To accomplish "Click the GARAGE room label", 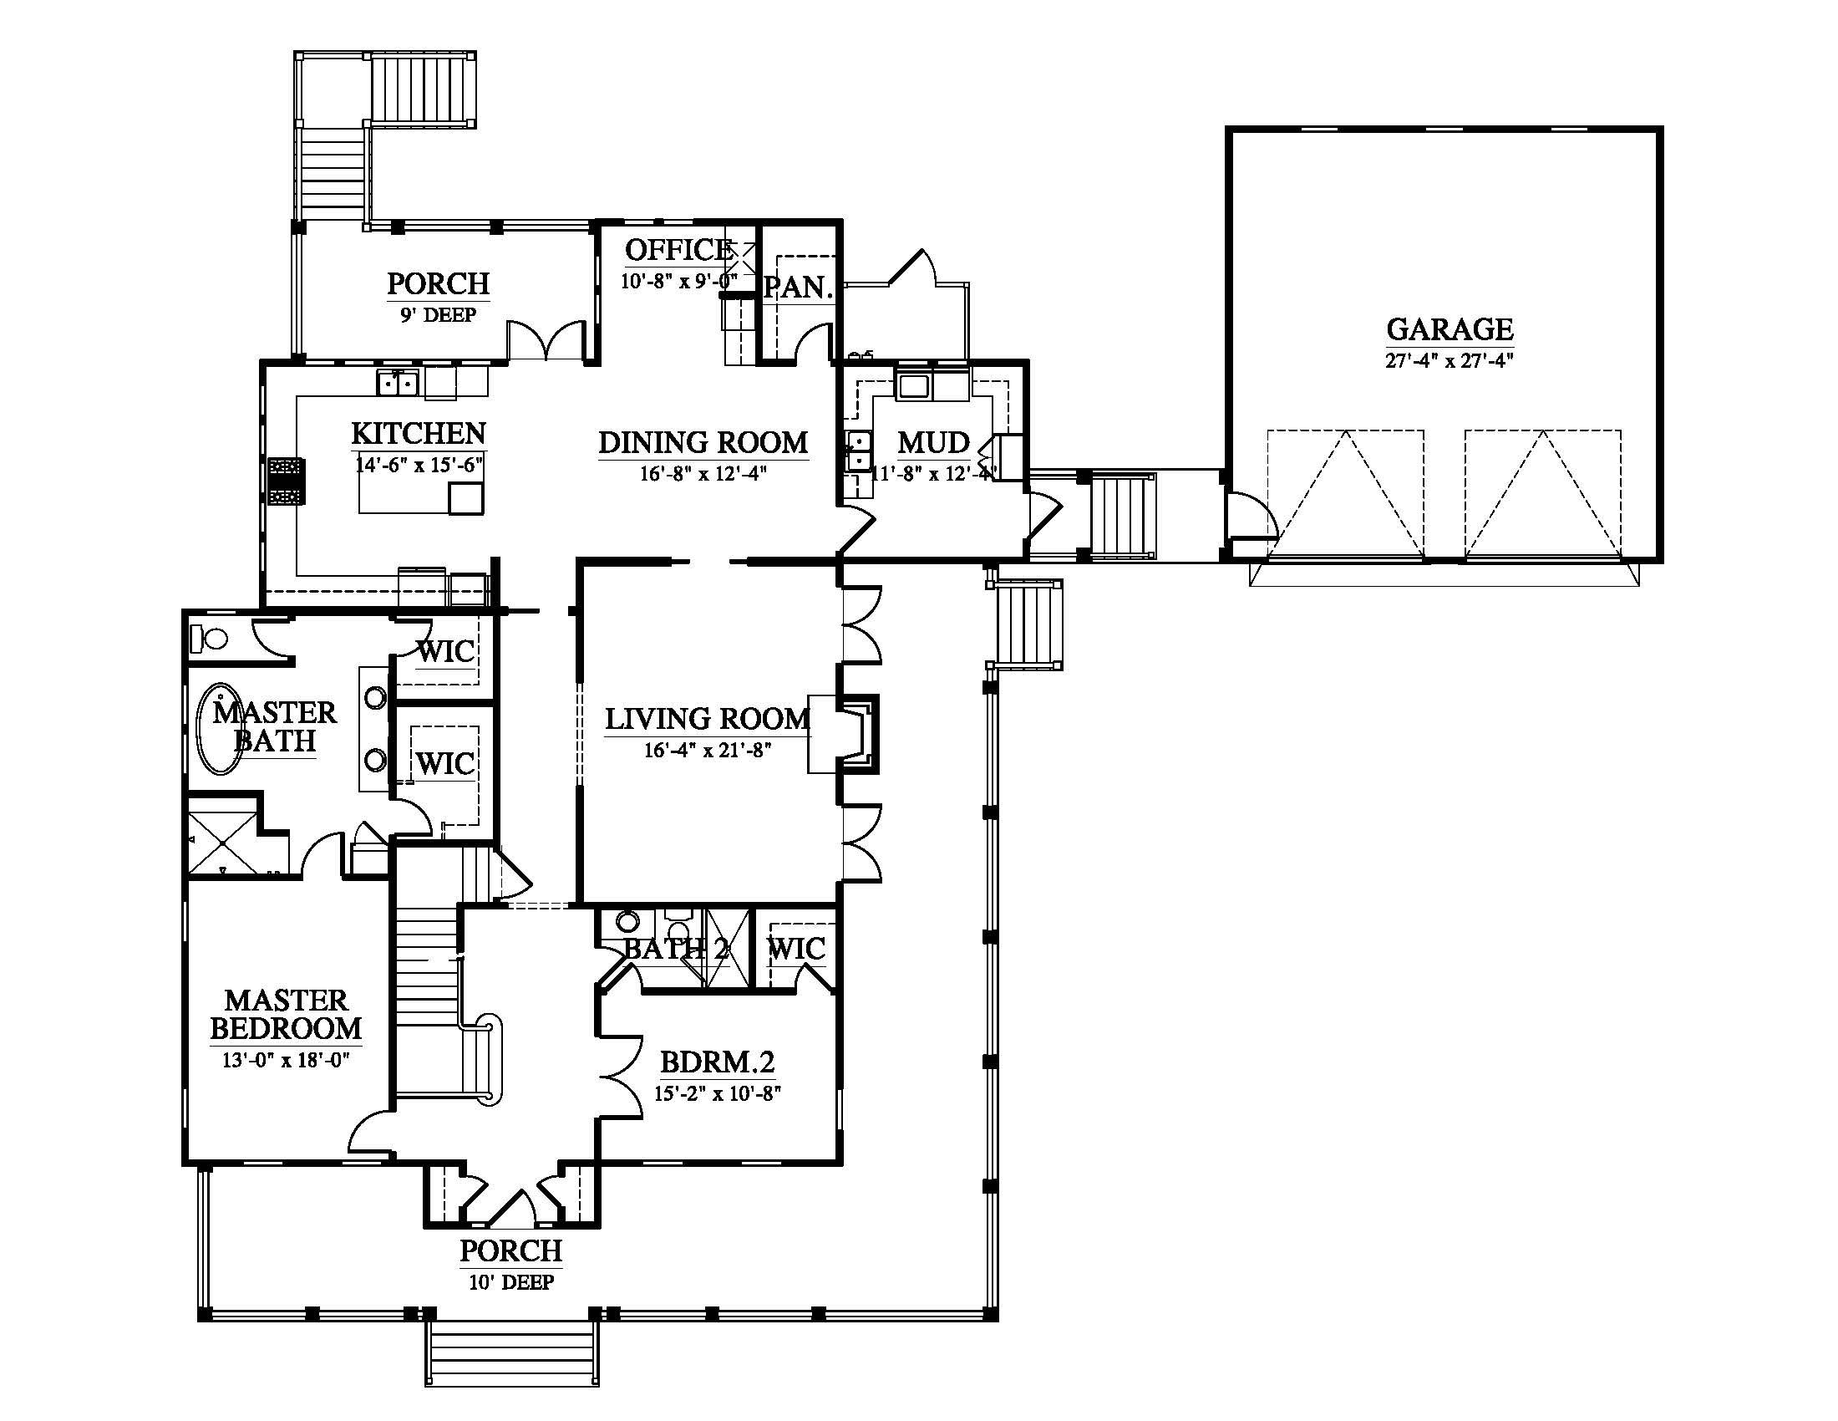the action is tap(1450, 329).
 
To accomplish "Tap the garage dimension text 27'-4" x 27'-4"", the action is tap(1450, 361).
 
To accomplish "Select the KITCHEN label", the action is tap(419, 433).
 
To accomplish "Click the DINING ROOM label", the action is tap(703, 442).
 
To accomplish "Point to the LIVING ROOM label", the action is tap(707, 718).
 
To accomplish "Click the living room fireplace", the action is tap(844, 733).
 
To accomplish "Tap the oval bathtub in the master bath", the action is tap(219, 729).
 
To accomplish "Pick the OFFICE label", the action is tap(678, 249).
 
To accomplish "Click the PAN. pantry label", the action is tap(798, 287).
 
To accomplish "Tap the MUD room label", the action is tap(933, 442).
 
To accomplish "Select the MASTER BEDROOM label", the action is tap(286, 1014).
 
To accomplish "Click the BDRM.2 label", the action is tap(717, 1062).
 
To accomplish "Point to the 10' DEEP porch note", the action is tap(510, 1282).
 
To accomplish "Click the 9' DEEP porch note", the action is tap(438, 314).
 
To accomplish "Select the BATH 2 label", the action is tap(676, 949).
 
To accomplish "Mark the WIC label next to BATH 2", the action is tap(796, 949).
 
